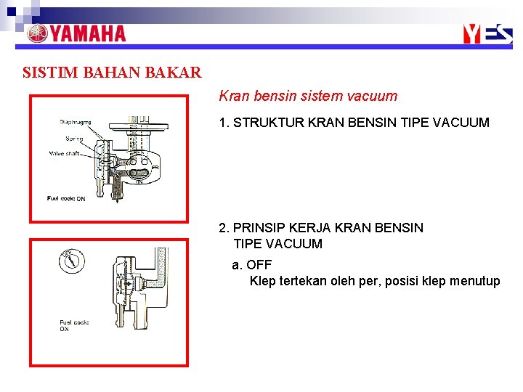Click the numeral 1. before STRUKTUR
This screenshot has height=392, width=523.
point(224,123)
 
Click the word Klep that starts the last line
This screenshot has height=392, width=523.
point(263,281)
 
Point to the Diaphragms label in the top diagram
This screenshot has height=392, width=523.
point(76,121)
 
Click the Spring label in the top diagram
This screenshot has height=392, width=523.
point(73,138)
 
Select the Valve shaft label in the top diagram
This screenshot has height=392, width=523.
point(65,153)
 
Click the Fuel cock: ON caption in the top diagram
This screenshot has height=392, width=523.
point(66,198)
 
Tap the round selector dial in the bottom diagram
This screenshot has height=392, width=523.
point(71,259)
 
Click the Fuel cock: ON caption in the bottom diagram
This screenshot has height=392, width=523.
point(73,325)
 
